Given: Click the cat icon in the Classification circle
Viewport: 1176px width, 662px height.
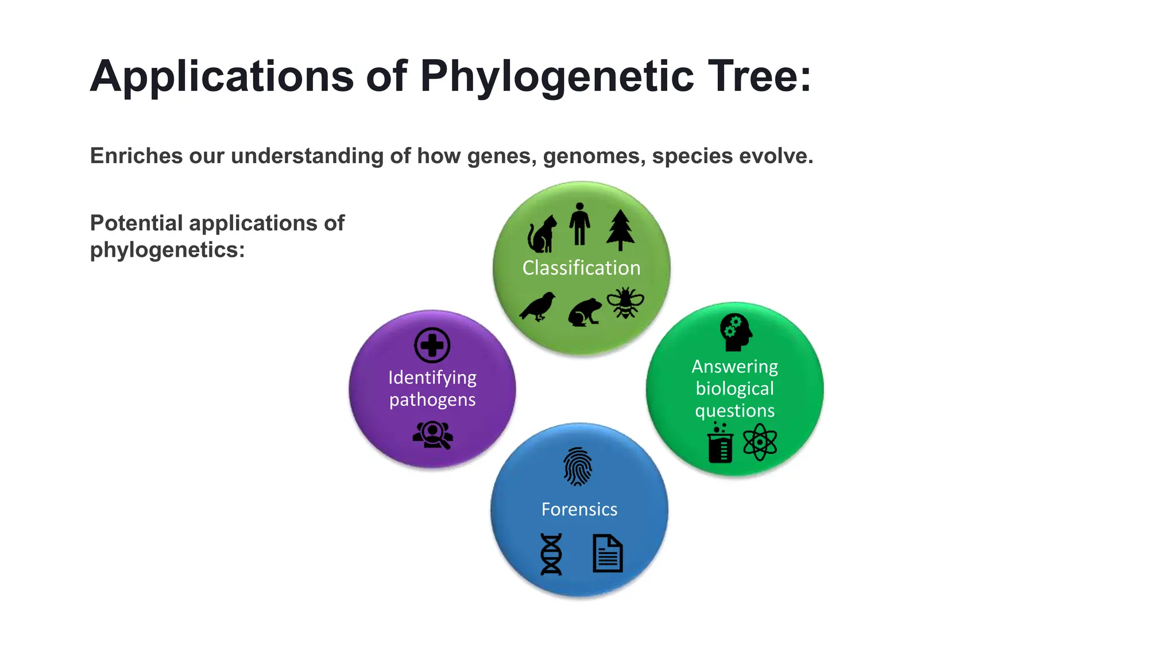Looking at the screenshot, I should point(541,234).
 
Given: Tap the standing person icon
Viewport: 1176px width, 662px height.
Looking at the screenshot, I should point(579,224).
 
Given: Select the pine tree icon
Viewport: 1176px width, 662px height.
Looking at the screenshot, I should point(620,230).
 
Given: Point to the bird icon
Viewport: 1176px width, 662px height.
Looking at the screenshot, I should point(539,306).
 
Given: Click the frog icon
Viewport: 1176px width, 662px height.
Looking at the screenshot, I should point(585,312).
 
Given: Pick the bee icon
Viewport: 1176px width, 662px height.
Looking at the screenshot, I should point(625,303).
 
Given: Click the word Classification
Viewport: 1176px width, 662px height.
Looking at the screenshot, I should point(581,268).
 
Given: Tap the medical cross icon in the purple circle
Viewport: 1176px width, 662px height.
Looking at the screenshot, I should point(432,345).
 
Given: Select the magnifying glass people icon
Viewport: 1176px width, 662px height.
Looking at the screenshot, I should point(433,435).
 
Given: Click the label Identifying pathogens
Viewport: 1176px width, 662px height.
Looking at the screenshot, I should point(432,388).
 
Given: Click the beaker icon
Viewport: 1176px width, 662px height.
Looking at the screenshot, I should point(720,443).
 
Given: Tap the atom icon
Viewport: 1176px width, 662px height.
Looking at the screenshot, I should point(760,442).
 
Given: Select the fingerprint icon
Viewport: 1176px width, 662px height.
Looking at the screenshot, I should point(578,467).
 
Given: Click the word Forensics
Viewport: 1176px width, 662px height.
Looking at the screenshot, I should point(579,509).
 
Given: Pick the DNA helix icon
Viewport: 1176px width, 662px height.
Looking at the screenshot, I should point(551,554).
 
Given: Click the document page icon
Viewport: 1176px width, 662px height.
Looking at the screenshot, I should point(608,553).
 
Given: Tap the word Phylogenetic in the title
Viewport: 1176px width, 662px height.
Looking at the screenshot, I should point(557,76).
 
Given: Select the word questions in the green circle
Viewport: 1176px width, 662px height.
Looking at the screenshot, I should point(734,411).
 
